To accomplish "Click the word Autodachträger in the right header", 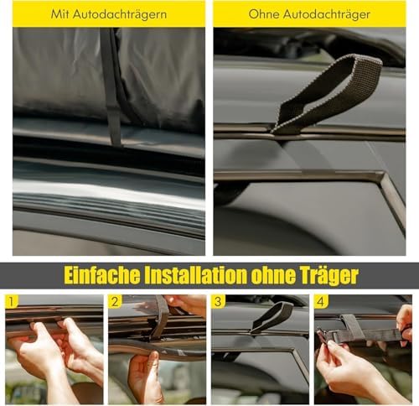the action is coord(327,15).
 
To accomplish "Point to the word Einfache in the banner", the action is coord(102,275).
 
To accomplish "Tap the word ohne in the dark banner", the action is coord(271,275).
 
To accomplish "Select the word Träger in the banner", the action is coord(326,276).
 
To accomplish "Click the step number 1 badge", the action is coord(11,302).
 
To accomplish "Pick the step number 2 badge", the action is coord(115,302).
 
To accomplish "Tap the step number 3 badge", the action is coord(218,302).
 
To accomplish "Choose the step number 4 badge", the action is coord(321,302).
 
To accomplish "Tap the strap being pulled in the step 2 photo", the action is coord(160,319).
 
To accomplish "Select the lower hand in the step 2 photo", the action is coord(144,376).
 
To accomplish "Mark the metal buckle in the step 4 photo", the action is coord(322,335).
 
